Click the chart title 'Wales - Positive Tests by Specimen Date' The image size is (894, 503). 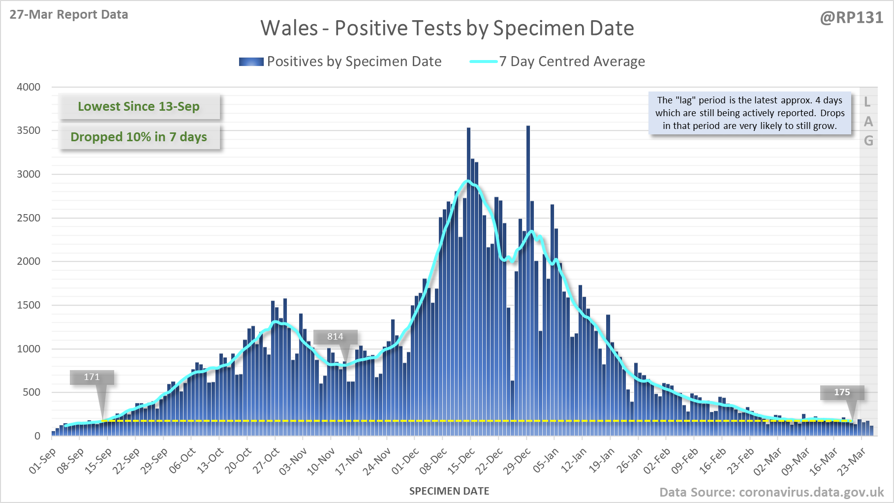447,28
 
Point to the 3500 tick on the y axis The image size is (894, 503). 29,130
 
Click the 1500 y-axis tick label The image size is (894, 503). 29,305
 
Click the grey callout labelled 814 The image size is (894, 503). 336,337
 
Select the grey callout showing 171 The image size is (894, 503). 92,377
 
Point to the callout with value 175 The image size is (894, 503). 842,392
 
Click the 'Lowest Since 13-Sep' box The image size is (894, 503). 139,106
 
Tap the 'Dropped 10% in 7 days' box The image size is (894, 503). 139,137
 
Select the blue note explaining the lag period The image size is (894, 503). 750,113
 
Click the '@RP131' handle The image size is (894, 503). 851,18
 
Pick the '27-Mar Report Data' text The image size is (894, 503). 69,15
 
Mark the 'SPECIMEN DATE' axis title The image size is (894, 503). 449,491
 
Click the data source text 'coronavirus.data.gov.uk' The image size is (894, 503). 811,492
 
